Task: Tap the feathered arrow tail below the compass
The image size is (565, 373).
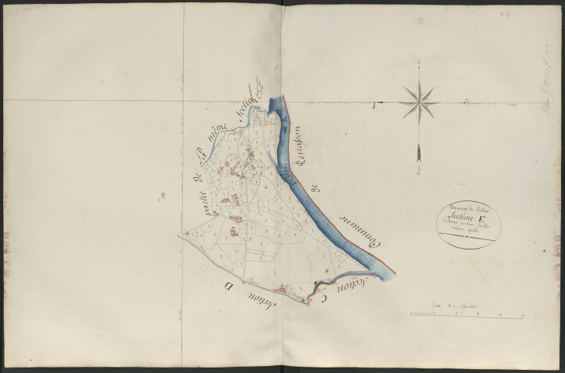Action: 419,152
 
